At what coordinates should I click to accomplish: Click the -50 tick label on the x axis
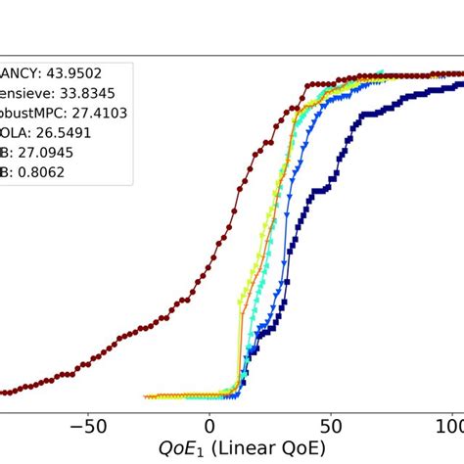88,427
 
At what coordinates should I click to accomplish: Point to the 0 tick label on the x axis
209,427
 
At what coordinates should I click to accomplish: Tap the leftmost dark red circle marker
3,393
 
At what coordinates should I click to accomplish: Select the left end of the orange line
145,397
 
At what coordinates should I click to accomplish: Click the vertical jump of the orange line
240,352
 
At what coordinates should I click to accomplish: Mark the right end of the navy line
461,74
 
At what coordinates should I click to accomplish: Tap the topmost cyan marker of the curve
382,72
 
